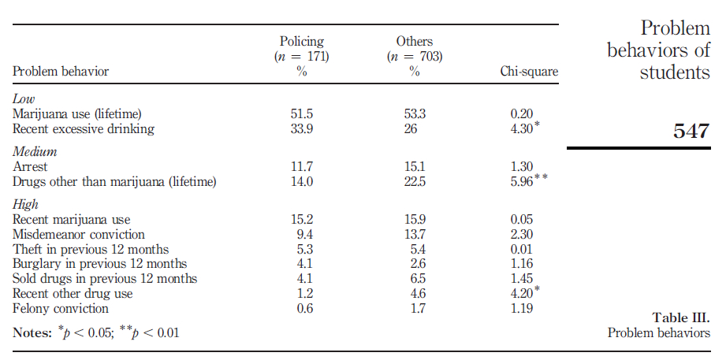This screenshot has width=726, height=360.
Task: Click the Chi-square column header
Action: (529, 72)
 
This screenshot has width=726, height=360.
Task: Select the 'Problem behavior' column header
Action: (61, 72)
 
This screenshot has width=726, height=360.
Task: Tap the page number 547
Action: (691, 131)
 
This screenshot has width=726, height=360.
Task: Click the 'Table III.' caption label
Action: (681, 318)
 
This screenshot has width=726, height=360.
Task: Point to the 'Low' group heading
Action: (23, 99)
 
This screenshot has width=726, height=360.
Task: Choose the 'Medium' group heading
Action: (31, 152)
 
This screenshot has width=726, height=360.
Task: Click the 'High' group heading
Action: (25, 205)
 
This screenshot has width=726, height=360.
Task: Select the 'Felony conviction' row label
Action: (61, 309)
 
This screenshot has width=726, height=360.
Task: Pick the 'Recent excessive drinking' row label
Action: (84, 129)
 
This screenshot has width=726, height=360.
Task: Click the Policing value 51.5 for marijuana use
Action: (302, 114)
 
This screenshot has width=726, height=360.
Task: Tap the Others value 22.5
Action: (415, 182)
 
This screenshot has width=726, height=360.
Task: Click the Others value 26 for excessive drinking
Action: (412, 129)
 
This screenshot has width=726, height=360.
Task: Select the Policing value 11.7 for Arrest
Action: (302, 167)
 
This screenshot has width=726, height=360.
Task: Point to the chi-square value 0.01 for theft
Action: (522, 250)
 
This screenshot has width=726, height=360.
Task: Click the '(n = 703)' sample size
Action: (415, 57)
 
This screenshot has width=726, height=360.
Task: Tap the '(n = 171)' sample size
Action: (302, 57)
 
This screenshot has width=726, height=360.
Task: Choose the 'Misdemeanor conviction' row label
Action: (79, 235)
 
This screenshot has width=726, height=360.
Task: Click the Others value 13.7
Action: (415, 235)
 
